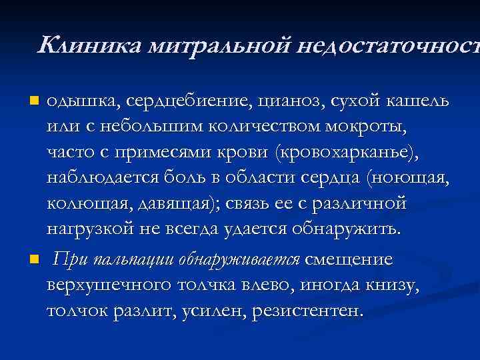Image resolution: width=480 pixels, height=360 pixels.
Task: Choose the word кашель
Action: point(418,101)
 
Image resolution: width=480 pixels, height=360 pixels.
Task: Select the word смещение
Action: point(349,259)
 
